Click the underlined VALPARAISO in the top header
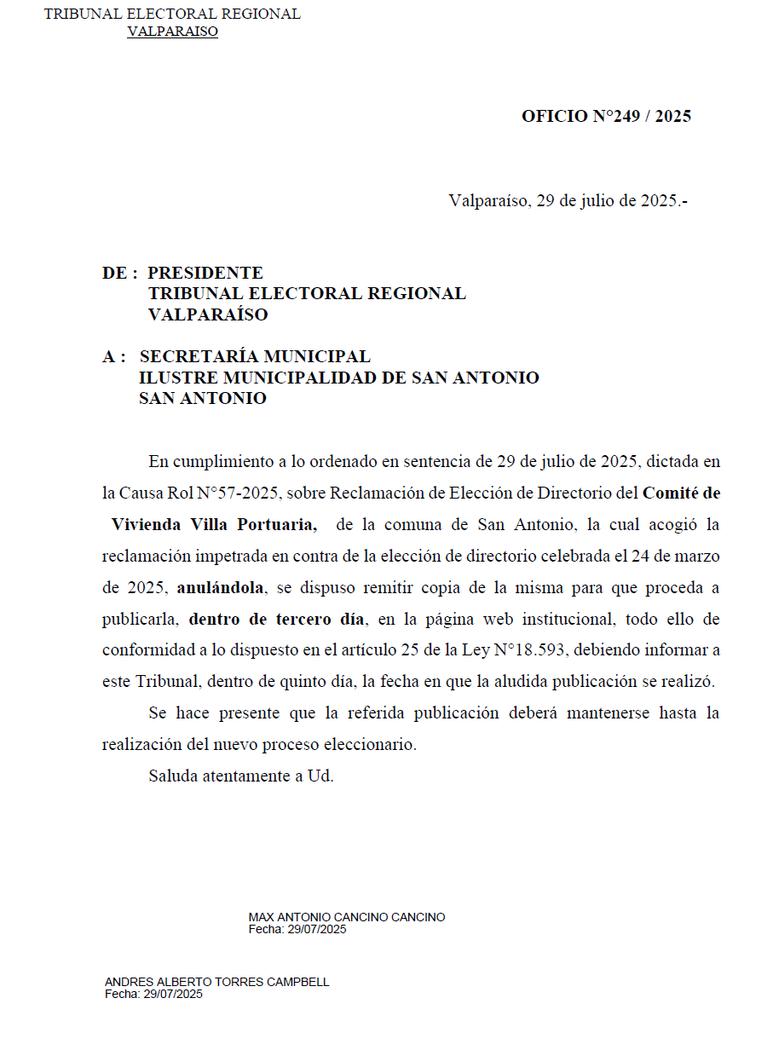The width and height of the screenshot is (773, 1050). (x=172, y=32)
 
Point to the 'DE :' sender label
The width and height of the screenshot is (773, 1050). (x=120, y=274)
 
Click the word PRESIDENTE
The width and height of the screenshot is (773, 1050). (x=205, y=274)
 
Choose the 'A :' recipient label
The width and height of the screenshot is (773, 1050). (x=114, y=357)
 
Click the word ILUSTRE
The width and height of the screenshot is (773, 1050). (x=173, y=378)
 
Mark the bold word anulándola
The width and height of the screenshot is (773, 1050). (x=222, y=587)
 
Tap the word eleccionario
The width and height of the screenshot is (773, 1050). (x=372, y=744)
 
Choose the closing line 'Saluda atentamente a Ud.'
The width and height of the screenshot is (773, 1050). (x=241, y=776)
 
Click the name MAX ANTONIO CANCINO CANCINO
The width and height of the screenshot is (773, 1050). (x=346, y=918)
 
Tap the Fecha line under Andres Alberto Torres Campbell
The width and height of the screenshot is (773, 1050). (x=153, y=995)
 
